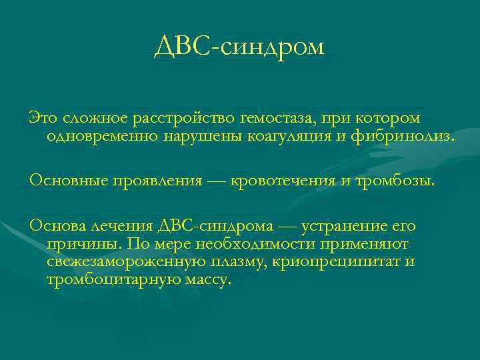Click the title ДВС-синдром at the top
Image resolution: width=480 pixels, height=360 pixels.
pos(239,47)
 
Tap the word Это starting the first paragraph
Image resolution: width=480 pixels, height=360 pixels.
pos(44,118)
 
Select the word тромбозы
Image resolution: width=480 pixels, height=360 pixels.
pos(397,180)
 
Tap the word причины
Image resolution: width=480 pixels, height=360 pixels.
pos(83,245)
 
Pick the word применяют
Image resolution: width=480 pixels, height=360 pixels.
pos(372,244)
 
